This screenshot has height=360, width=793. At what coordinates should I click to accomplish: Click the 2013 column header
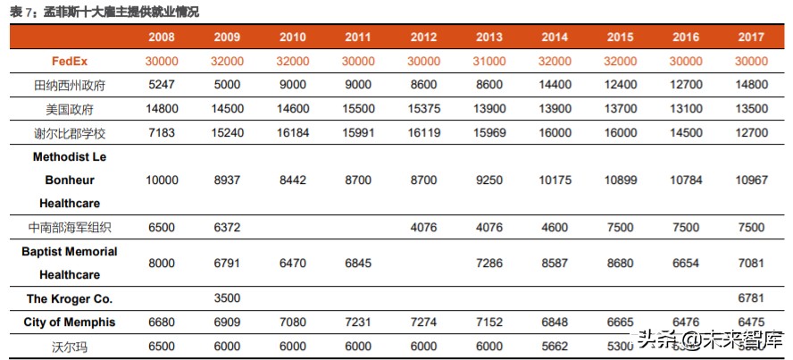click(x=489, y=38)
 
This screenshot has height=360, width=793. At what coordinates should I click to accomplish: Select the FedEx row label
click(x=70, y=61)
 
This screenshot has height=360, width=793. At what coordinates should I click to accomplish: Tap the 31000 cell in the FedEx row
click(x=489, y=61)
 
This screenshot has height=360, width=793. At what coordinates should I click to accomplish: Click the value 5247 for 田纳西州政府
click(x=162, y=85)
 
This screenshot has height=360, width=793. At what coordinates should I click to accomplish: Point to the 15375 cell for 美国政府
click(x=423, y=109)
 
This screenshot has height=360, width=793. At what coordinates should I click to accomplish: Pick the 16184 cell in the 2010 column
click(x=293, y=132)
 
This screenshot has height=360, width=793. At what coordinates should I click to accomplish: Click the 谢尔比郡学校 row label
click(x=70, y=132)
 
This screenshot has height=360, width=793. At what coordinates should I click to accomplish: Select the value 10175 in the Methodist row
click(x=555, y=180)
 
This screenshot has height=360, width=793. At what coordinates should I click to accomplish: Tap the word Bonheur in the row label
click(x=70, y=180)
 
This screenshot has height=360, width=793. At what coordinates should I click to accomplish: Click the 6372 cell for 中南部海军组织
click(x=227, y=227)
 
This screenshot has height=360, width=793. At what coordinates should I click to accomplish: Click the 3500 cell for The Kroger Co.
click(x=227, y=298)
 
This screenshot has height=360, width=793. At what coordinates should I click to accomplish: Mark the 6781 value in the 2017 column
click(x=751, y=298)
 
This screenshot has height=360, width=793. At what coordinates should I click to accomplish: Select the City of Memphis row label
click(x=70, y=322)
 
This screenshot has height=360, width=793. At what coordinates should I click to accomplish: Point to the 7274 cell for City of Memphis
click(x=423, y=322)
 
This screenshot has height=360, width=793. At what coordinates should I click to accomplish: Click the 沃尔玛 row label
click(x=70, y=346)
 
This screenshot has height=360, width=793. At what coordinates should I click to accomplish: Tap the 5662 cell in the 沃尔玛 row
click(x=555, y=346)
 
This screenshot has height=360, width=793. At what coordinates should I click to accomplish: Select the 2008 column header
click(x=162, y=38)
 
